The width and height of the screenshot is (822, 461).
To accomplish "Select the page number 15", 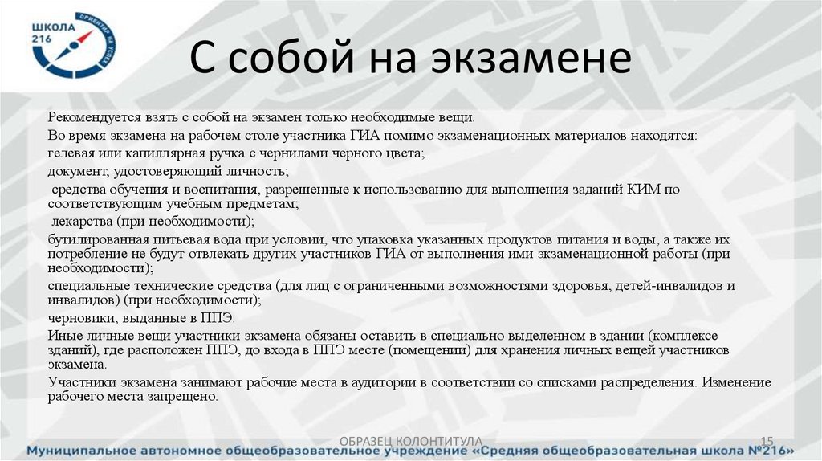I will (x=766, y=440).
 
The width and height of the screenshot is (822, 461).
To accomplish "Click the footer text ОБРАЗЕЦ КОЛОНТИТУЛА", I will (x=410, y=440).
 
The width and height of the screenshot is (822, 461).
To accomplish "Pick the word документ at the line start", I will (x=75, y=171).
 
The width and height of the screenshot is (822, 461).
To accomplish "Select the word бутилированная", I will (x=92, y=239).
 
